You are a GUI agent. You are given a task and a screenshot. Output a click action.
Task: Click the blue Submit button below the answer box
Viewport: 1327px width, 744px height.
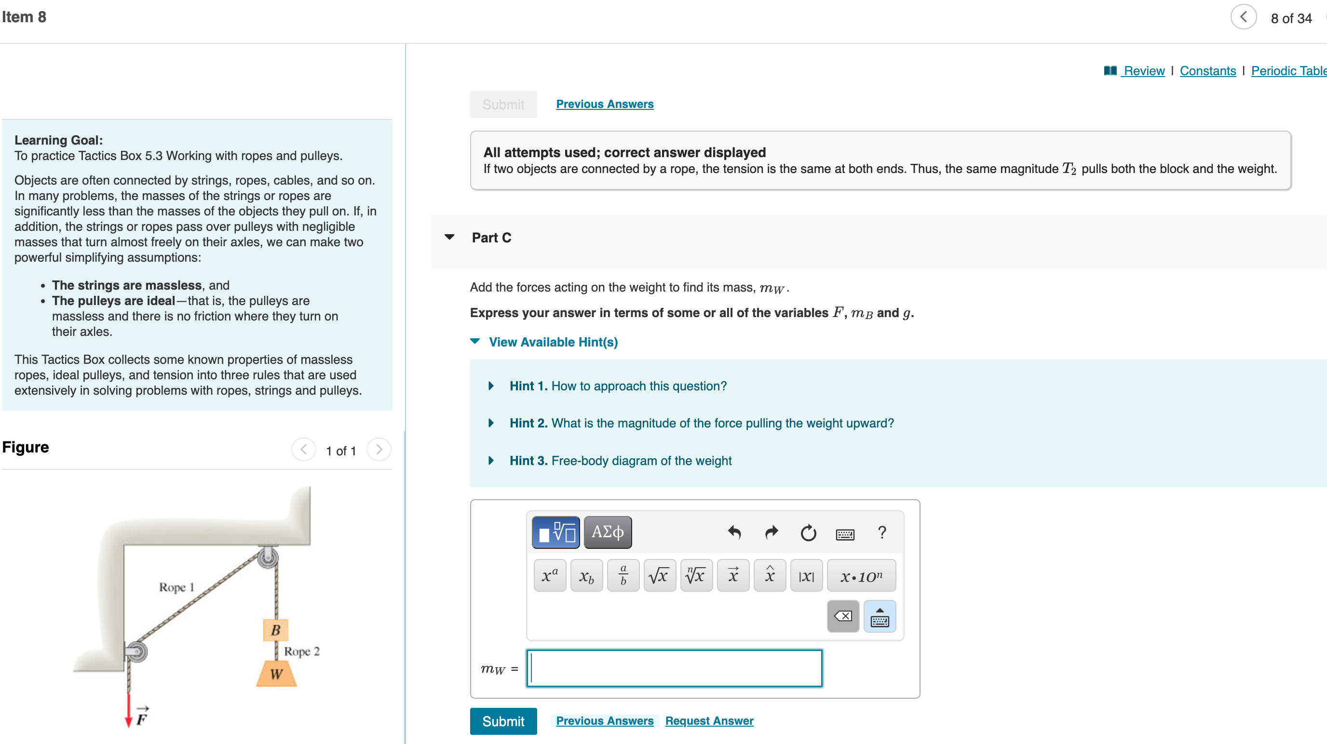[x=503, y=721]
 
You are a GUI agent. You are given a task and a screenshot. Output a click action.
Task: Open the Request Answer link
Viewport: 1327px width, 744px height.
[x=709, y=721]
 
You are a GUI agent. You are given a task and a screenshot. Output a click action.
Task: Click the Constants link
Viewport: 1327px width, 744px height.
[x=1207, y=70]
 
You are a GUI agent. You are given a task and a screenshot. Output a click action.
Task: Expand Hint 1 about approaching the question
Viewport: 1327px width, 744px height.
[x=618, y=385]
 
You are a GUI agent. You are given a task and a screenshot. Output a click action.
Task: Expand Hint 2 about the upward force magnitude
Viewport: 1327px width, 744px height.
[x=701, y=423]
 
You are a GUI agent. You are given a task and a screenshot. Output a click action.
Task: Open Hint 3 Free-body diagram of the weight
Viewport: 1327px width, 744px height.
[x=620, y=460]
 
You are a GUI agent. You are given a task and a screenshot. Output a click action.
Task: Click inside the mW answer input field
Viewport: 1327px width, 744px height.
[x=674, y=668]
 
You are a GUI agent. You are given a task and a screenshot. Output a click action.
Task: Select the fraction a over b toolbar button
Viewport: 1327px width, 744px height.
[x=623, y=576]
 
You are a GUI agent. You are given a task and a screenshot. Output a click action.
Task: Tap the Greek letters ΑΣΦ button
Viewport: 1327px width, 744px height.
[x=608, y=532]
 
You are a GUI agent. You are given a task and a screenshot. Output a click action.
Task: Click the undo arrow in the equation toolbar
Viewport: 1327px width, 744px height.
[x=734, y=532]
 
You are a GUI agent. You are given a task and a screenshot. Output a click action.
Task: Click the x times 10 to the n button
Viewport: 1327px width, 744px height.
[x=861, y=576]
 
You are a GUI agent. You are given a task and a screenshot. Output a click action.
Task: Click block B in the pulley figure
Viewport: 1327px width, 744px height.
[x=276, y=630]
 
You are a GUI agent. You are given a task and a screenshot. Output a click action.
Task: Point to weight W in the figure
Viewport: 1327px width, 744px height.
[x=276, y=674]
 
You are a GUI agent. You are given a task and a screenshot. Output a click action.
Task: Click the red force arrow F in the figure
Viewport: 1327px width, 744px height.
[x=129, y=711]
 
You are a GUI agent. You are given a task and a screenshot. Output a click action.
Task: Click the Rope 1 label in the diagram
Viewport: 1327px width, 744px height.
[x=176, y=587]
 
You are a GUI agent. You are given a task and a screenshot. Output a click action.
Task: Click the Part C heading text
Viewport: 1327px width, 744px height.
[x=491, y=238]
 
